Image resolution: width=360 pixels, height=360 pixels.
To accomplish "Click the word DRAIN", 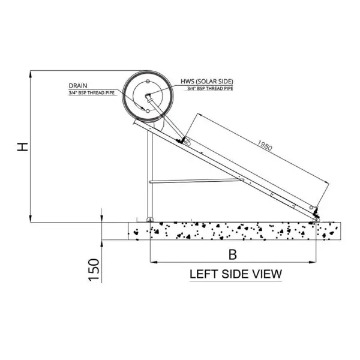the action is [x=78, y=86].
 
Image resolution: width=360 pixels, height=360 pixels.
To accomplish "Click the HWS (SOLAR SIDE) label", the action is [x=206, y=82].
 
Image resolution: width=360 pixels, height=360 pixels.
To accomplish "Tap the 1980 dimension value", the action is [x=265, y=146].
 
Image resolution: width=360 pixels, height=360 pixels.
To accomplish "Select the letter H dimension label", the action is [x=23, y=147].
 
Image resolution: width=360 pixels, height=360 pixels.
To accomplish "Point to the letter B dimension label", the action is [x=233, y=254].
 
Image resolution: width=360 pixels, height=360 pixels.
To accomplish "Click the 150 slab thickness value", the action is [x=94, y=269].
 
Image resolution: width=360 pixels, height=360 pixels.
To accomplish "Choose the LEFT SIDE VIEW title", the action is [x=236, y=274].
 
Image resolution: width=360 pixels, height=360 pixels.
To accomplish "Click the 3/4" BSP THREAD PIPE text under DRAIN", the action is [x=92, y=93].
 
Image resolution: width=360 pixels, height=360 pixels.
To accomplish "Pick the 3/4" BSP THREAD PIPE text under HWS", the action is [x=210, y=89].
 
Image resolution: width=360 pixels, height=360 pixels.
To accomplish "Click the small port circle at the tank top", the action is [x=148, y=81].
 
